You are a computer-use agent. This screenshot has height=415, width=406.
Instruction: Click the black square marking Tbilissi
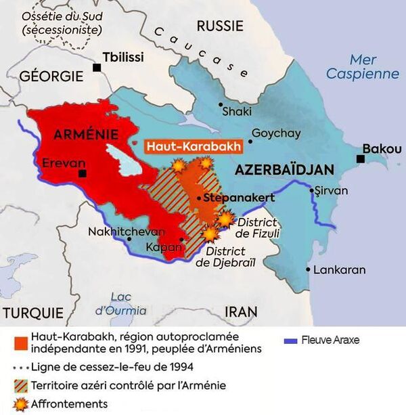point(98,67)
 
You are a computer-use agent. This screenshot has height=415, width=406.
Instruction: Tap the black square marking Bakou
point(361,158)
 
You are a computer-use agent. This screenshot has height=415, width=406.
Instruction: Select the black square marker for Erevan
point(82,174)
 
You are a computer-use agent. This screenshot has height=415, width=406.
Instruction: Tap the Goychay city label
point(275,133)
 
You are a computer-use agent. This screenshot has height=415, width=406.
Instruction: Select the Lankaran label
point(340,269)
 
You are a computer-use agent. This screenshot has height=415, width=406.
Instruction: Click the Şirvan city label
point(331,190)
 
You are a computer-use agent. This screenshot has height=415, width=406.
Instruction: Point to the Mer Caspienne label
point(362,66)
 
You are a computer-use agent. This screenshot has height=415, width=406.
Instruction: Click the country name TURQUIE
point(32,312)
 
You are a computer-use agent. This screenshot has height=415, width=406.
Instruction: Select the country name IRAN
point(241,311)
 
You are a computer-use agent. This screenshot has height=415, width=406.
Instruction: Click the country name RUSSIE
point(219,26)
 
